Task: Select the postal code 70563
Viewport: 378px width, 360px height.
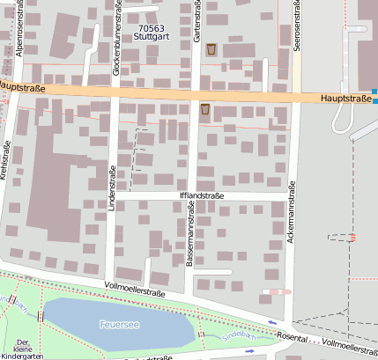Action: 151,29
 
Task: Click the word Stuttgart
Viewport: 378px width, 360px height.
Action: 151,39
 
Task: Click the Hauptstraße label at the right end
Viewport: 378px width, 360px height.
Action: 345,99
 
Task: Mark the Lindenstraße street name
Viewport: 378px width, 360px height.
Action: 111,190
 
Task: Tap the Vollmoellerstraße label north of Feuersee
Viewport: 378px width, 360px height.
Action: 135,287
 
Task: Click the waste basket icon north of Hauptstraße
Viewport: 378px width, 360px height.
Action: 211,49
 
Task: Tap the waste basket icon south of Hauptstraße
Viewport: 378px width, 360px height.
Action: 205,109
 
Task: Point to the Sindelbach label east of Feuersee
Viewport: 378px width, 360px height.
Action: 236,336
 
